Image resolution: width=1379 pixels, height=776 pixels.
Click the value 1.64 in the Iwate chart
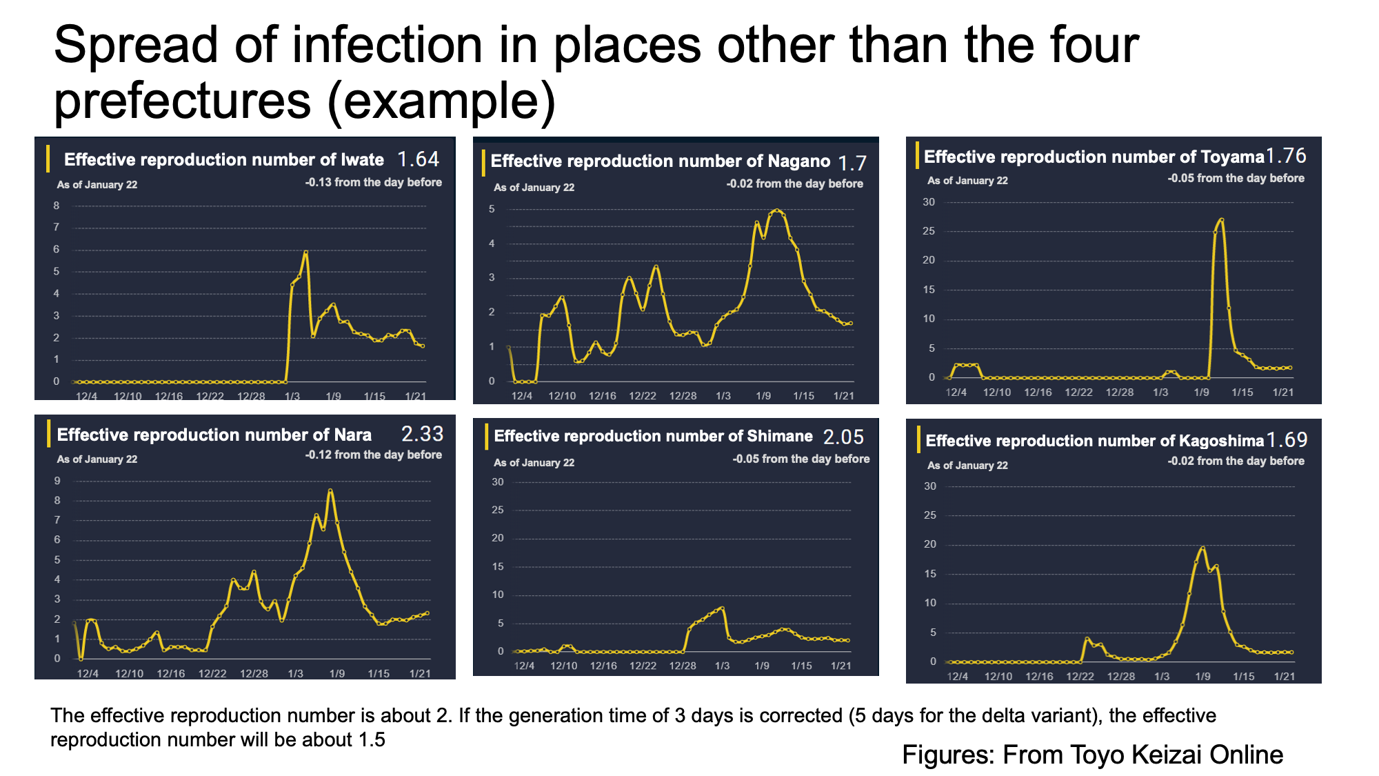[x=419, y=159]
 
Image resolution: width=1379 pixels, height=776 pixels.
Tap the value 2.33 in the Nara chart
[x=423, y=434]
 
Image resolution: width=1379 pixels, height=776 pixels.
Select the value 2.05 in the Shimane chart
[x=843, y=437]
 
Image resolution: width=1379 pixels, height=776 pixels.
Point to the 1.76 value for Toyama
[x=1286, y=156]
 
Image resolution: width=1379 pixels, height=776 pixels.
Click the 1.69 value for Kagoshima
[x=1287, y=439]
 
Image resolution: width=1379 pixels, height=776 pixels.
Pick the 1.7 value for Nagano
[x=852, y=163]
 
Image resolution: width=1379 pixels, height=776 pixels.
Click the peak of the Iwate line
[x=305, y=252]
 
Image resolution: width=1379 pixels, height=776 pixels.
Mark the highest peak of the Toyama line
[x=1222, y=220]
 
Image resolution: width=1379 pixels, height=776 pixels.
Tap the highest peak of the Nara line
[x=330, y=490]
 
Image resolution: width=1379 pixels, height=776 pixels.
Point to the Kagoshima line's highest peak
[x=1202, y=548]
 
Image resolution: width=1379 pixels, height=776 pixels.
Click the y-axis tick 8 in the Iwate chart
[x=57, y=206]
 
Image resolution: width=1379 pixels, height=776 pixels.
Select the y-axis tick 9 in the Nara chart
[x=57, y=480]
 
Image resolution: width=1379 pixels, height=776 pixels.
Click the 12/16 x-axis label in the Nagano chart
[x=602, y=396]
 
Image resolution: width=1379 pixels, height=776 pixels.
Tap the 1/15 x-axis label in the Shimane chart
[x=801, y=666]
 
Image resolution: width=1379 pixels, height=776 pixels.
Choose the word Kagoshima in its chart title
[x=1222, y=441]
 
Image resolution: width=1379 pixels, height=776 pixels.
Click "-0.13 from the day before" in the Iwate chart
[x=374, y=182]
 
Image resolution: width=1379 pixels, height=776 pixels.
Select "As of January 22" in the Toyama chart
[x=967, y=181]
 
